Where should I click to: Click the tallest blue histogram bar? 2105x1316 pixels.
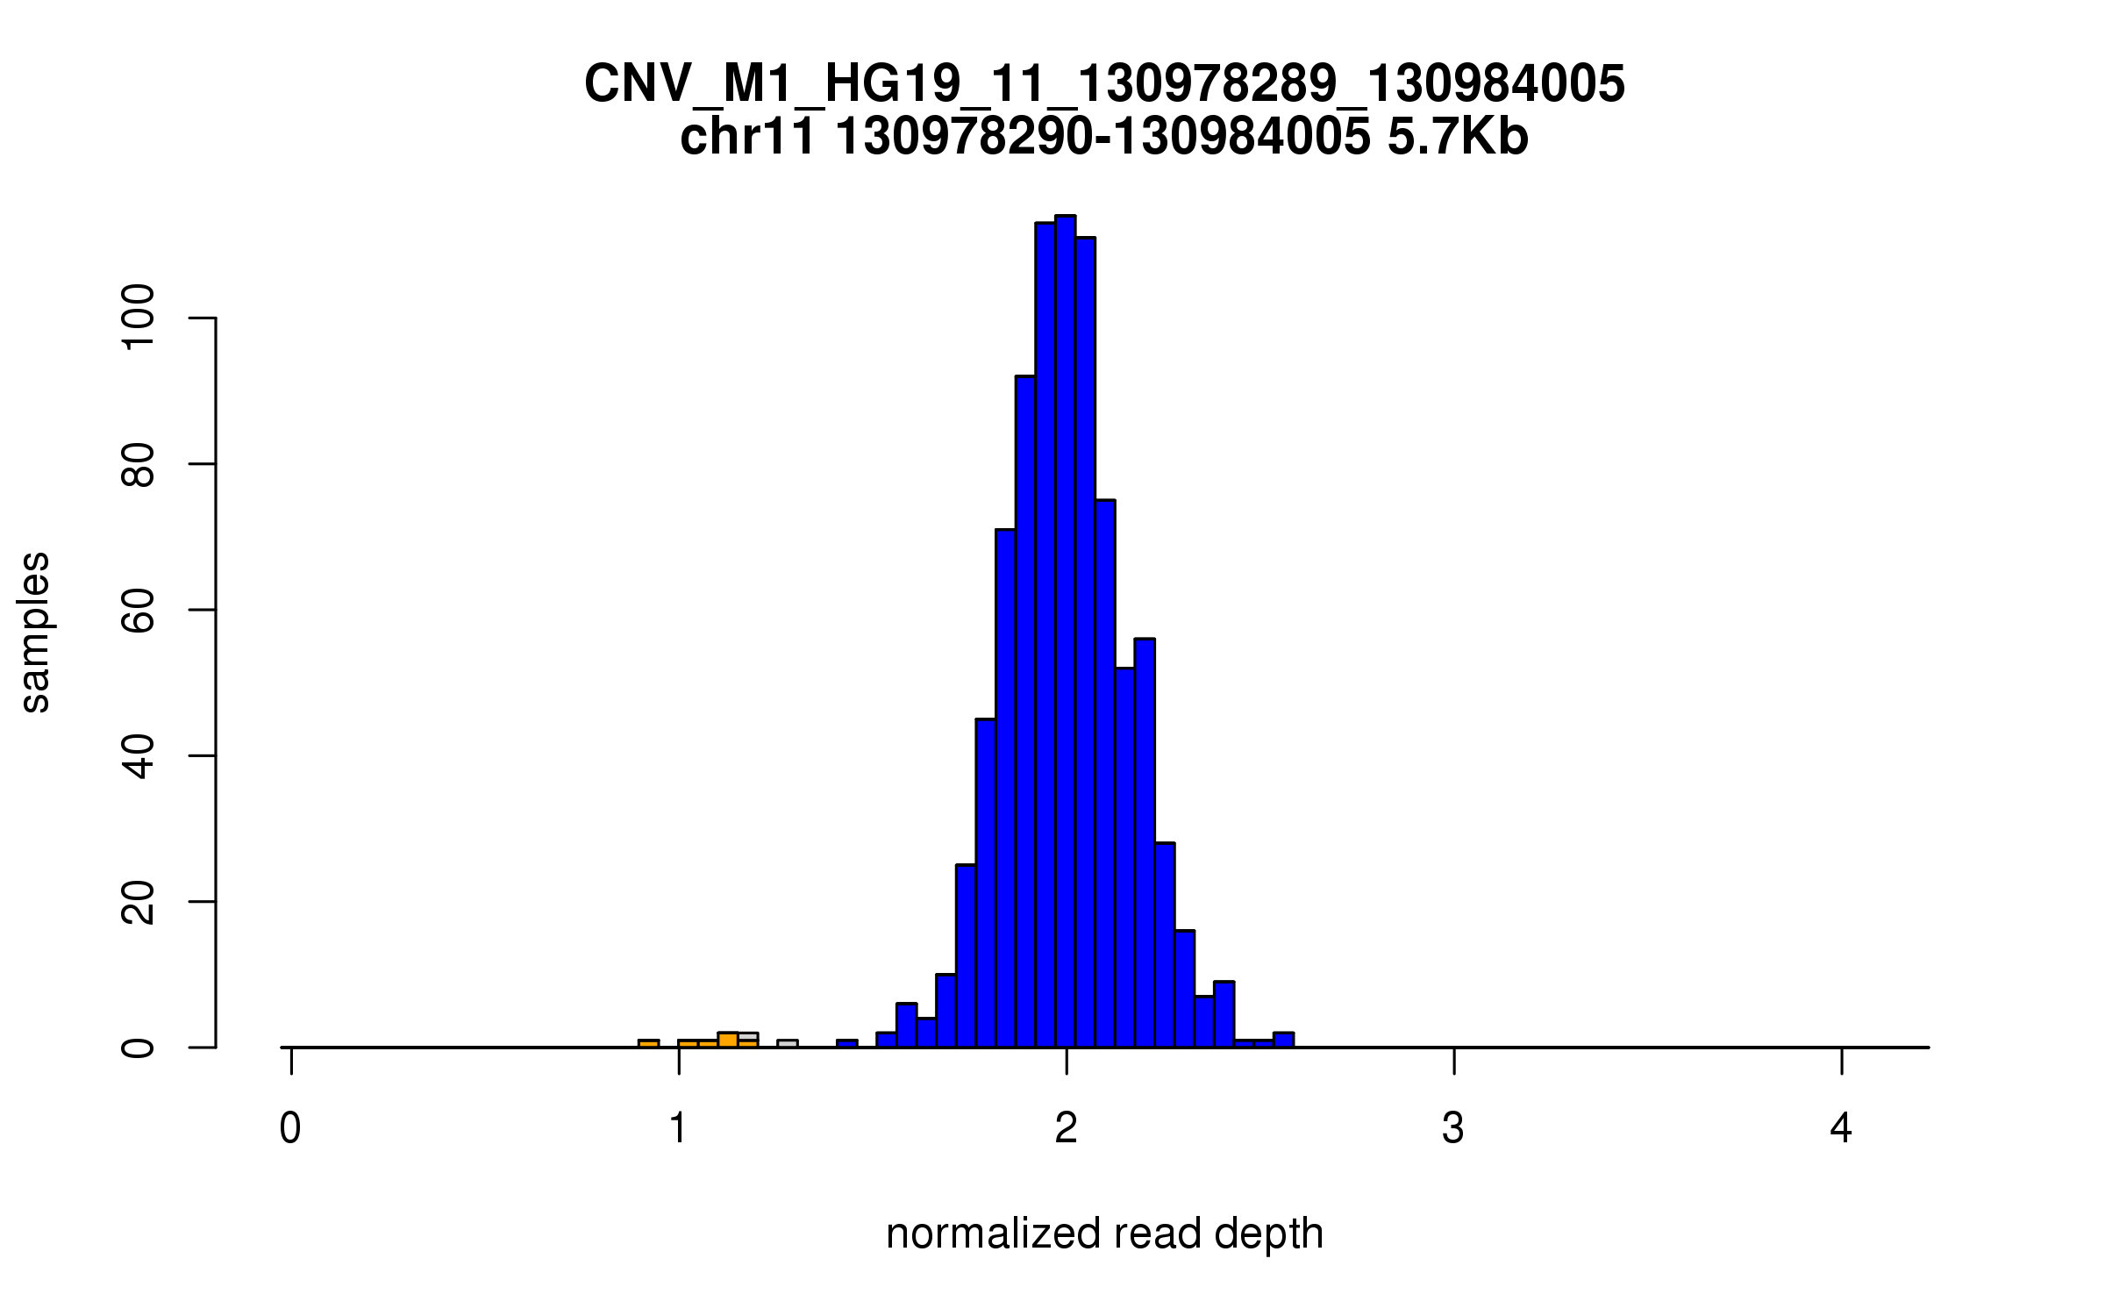pos(1066,632)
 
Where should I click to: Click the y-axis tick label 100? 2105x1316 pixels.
pos(139,318)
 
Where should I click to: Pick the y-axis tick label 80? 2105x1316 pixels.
pos(139,464)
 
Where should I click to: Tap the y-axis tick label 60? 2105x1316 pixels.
pos(139,610)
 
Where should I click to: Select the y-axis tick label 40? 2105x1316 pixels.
pos(139,755)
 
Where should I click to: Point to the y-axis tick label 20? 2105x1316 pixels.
pos(139,902)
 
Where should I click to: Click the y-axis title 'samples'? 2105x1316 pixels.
pos(35,632)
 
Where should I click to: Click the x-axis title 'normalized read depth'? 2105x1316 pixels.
pos(1104,1234)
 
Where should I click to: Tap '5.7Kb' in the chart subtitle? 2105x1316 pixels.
pos(1458,138)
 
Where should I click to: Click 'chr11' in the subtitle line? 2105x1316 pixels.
pos(747,138)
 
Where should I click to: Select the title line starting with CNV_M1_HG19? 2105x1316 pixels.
pos(1104,84)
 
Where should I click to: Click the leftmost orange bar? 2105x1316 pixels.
pos(648,1043)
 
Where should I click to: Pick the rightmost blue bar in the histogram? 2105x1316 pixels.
pos(1283,1041)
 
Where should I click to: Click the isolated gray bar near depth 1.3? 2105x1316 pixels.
pos(787,1043)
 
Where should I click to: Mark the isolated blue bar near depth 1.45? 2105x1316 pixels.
pos(846,1043)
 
